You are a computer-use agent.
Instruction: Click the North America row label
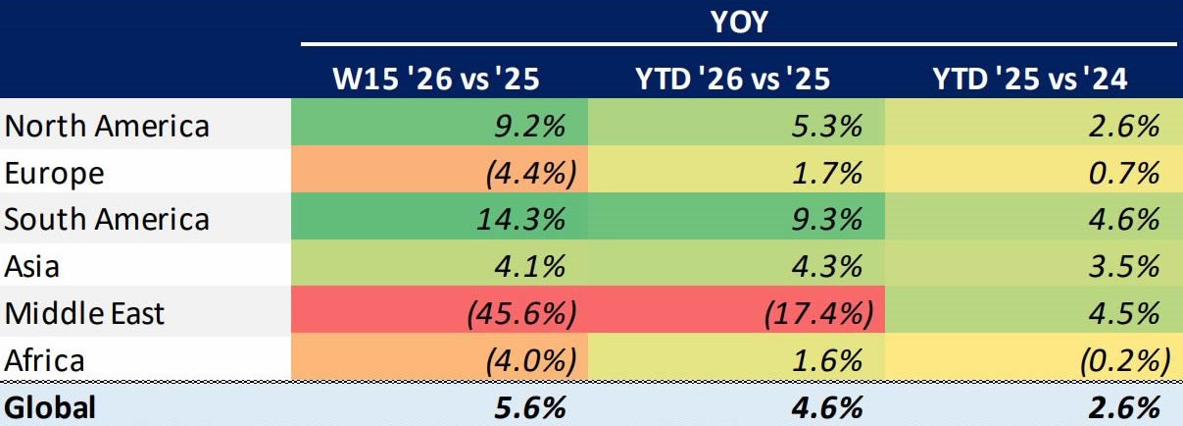[107, 127]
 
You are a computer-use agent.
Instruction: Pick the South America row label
[107, 219]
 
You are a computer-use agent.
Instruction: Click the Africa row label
[45, 359]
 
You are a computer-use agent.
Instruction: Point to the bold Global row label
[50, 407]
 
